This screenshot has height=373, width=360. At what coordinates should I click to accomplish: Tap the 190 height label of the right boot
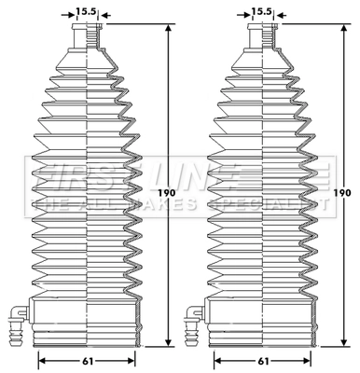coord(342,193)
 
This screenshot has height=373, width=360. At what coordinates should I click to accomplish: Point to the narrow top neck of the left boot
coord(87,37)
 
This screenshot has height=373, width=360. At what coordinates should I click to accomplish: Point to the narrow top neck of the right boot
coord(262,37)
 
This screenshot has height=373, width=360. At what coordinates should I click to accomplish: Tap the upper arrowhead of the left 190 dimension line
coord(169,29)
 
